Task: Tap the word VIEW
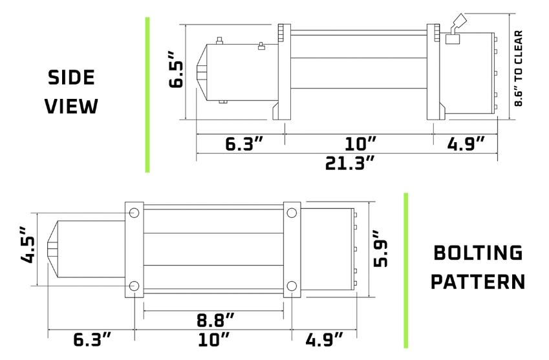[71, 106]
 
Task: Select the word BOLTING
[477, 253]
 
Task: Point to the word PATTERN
[477, 282]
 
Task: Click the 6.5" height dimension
[177, 74]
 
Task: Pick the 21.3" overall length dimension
[350, 162]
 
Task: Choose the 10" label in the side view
[360, 143]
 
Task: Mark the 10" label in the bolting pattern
[215, 339]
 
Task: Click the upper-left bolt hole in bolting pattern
[134, 213]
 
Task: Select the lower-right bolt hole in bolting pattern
[291, 286]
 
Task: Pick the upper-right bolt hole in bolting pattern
[291, 213]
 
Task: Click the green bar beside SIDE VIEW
[147, 94]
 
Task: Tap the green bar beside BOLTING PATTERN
[405, 270]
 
